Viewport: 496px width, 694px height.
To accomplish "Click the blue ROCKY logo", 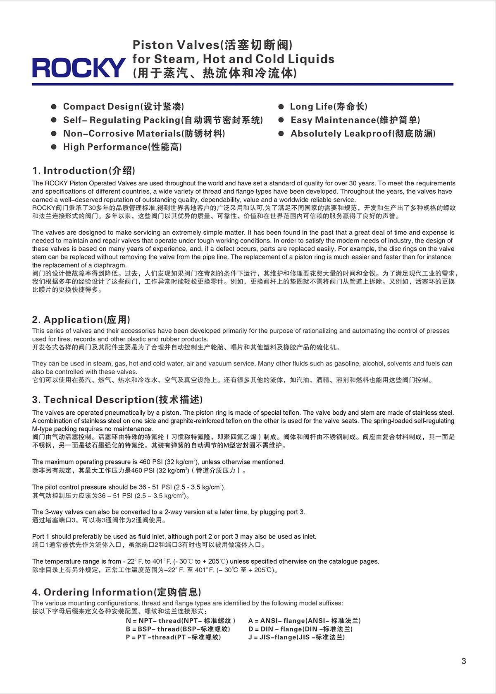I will click(x=79, y=67).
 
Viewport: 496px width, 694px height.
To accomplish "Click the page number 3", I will click(x=463, y=661).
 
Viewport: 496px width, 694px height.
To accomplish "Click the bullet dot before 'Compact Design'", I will click(x=54, y=107).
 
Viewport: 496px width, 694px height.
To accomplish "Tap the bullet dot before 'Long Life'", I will click(x=281, y=107).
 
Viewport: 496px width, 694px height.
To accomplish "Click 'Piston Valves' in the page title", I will click(x=175, y=45).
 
